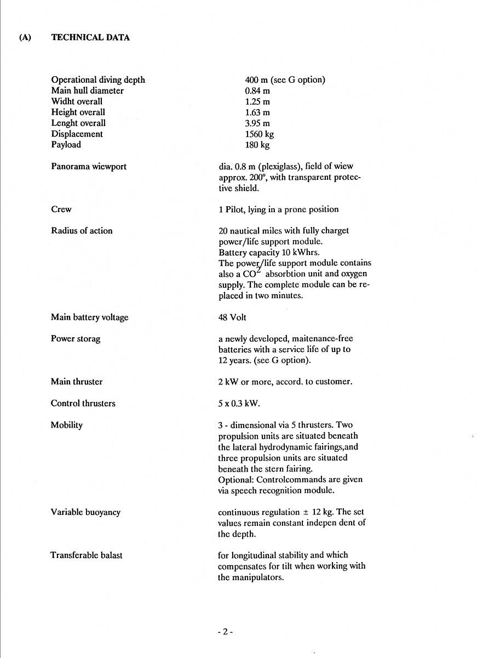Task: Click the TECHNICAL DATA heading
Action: (90, 38)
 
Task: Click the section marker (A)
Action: (25, 38)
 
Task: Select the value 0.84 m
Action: (257, 91)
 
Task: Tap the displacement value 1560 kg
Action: (259, 134)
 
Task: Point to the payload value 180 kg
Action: (257, 145)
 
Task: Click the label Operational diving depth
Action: (98, 80)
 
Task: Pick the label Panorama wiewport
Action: (89, 166)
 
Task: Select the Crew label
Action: (61, 209)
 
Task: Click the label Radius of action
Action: (82, 231)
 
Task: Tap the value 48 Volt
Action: (232, 317)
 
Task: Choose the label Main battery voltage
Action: (89, 317)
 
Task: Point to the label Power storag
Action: (76, 339)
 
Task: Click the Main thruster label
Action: (77, 382)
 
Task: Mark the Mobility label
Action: (66, 425)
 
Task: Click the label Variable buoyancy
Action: (85, 512)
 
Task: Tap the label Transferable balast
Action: (87, 555)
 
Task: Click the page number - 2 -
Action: (225, 632)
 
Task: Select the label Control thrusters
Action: (83, 404)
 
